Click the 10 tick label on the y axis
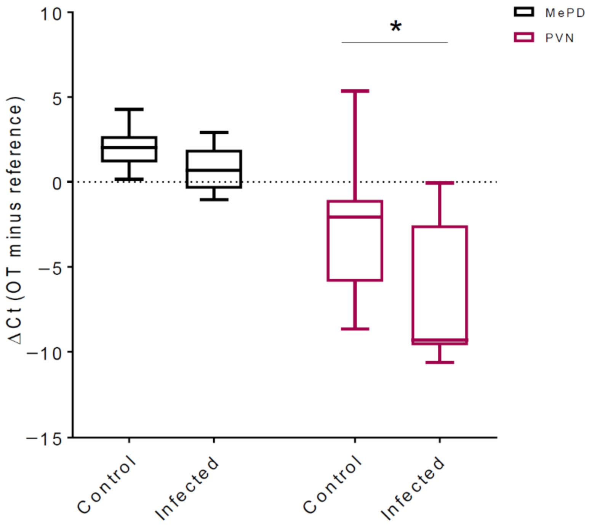(51, 14)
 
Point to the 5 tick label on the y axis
(57, 99)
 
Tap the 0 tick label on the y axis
(57, 183)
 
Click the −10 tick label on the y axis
(44, 353)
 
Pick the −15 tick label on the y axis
(44, 439)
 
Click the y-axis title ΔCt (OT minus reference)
(15, 220)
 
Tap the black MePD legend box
(524, 12)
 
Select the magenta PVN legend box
(524, 37)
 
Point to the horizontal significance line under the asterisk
(395, 42)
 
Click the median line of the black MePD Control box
(129, 147)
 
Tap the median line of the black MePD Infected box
(214, 170)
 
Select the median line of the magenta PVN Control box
(355, 217)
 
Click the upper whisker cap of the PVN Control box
(355, 91)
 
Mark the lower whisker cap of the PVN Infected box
(440, 362)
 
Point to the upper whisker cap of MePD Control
(129, 109)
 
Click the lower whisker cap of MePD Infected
(214, 199)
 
